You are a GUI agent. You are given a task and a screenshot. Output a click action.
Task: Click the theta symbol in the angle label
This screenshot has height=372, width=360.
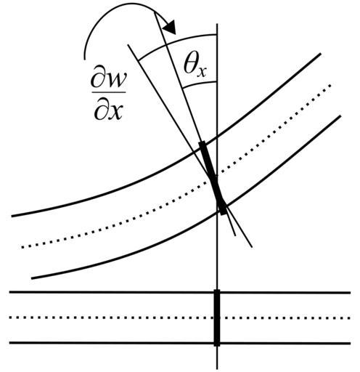pyautogui.click(x=190, y=65)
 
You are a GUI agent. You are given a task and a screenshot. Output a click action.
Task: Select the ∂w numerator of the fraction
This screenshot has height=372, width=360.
pyautogui.click(x=108, y=80)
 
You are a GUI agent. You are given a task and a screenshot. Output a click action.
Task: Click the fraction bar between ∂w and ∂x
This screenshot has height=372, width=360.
pyautogui.click(x=109, y=92)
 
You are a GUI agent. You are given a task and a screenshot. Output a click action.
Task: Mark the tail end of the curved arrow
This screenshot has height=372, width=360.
pyautogui.click(x=85, y=59)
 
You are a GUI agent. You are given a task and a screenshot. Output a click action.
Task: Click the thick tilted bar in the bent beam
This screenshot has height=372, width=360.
pyautogui.click(x=213, y=178)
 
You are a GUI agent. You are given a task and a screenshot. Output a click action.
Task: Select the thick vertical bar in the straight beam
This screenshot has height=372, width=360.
pyautogui.click(x=217, y=318)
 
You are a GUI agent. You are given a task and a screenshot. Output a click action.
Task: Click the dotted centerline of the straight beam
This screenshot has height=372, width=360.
pyautogui.click(x=180, y=318)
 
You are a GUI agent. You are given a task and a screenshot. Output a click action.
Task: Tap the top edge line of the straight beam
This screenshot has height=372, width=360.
pyautogui.click(x=180, y=293)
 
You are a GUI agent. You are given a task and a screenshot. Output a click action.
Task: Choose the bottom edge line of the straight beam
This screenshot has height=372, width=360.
pyautogui.click(x=180, y=343)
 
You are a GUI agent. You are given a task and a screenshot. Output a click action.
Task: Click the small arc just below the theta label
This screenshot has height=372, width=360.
pyautogui.click(x=199, y=84)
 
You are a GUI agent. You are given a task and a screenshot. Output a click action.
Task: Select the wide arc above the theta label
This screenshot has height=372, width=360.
pyautogui.click(x=176, y=42)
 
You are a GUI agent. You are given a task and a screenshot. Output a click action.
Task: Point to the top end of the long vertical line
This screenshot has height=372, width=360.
pyautogui.click(x=217, y=24)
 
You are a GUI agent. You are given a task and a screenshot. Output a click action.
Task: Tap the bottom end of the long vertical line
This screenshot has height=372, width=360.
pyautogui.click(x=217, y=369)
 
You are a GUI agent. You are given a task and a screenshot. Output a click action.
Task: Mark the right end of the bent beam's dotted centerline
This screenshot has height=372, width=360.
pyautogui.click(x=330, y=85)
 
